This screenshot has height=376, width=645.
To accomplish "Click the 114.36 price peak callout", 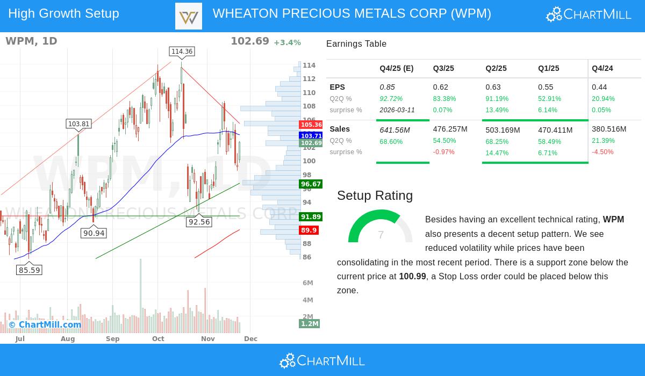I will coord(182,52).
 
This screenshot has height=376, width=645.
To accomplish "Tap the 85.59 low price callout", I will coord(29,270).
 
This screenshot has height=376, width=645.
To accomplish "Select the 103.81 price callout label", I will coord(78,124).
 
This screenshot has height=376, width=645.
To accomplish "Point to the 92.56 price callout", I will coord(199,222).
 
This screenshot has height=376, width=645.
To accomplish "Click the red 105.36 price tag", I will coord(311,125).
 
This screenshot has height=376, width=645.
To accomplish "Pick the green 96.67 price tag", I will coord(311,184).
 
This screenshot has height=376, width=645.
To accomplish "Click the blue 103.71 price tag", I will coord(311,136).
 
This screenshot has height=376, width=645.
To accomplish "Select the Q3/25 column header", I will coord(443,68).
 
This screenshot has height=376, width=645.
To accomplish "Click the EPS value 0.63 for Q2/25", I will coord(493,87).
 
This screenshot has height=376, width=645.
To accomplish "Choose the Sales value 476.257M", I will coord(450,129).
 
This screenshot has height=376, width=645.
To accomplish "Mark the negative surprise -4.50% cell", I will coord(603,152).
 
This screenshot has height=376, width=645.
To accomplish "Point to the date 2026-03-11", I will coord(397,110).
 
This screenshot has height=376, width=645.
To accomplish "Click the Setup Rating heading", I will coord(375,196).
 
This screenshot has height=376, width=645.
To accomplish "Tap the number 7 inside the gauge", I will coord(381,235).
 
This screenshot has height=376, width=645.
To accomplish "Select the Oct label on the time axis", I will coord(158,339).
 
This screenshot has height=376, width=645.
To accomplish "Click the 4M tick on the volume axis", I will coord(307,300).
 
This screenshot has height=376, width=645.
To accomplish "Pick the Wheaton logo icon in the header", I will coord(189,16).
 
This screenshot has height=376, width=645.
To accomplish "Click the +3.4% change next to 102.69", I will coord(287,42).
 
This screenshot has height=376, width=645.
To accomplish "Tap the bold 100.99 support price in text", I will coord(412,277).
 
